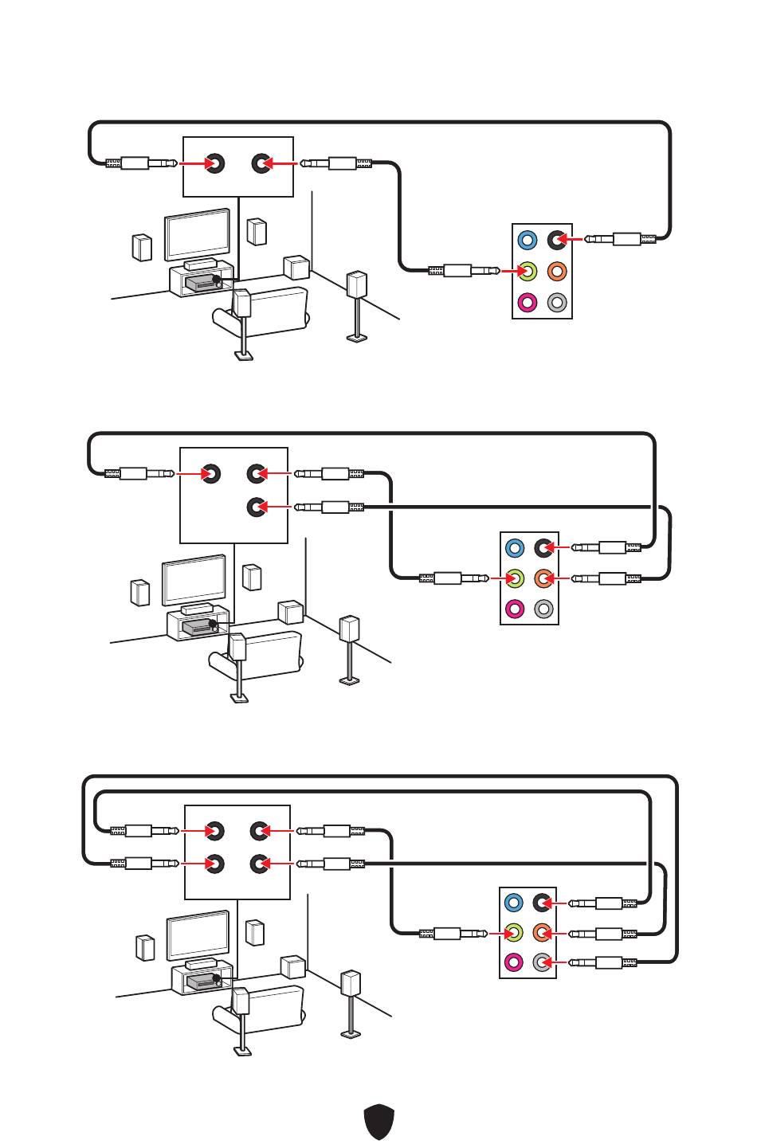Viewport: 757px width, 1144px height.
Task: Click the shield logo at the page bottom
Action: point(379,1122)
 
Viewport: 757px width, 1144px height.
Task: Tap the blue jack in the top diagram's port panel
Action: point(527,240)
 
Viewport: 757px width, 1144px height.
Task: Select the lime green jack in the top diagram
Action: point(527,271)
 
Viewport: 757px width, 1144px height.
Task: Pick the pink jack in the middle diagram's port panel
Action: point(515,609)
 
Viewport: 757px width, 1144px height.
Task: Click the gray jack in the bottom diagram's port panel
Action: point(543,962)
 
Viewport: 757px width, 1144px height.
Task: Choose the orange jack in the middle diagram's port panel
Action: point(543,578)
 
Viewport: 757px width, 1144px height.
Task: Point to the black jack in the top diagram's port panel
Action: point(557,239)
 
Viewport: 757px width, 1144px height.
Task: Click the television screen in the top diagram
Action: point(197,234)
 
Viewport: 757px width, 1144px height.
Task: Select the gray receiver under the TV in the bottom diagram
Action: point(202,981)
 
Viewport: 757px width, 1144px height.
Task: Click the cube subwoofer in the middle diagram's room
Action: point(291,613)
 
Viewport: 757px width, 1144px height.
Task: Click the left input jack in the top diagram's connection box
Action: point(214,164)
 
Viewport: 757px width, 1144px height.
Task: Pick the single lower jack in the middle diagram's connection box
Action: point(256,507)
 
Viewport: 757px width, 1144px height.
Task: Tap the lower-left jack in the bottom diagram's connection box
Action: point(214,863)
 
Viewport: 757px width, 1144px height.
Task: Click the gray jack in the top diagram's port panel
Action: point(557,303)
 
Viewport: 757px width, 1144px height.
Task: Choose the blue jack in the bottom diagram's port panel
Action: point(514,903)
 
